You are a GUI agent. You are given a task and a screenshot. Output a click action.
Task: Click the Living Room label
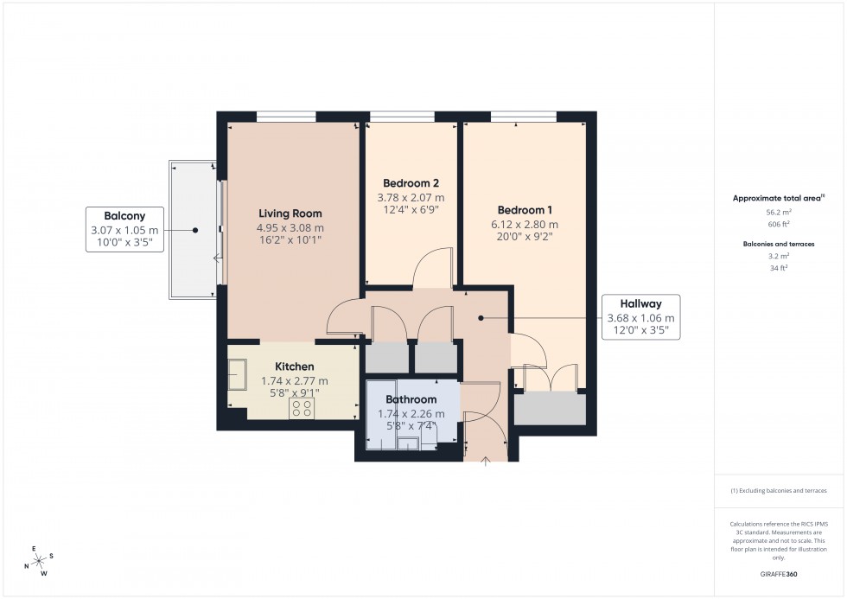point(290,213)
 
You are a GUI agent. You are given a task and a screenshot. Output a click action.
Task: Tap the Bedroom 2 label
point(411,183)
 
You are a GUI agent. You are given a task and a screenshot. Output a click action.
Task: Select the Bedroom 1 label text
point(525,210)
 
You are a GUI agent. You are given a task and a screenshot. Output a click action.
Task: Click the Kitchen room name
point(294,366)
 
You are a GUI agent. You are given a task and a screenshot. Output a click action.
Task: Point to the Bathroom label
point(411,399)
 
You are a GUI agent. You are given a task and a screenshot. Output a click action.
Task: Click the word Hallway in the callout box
point(640,303)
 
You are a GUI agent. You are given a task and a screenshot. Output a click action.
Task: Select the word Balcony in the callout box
point(124,216)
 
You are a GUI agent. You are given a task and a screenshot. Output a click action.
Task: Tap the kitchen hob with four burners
point(302,410)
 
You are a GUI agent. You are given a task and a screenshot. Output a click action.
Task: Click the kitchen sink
point(237,375)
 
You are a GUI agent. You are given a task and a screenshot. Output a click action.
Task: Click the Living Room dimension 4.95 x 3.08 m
point(290,228)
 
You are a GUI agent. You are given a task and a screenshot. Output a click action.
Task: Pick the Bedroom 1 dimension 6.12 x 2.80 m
point(525,225)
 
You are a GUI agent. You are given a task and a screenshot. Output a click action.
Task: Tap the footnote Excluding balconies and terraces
point(779,490)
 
